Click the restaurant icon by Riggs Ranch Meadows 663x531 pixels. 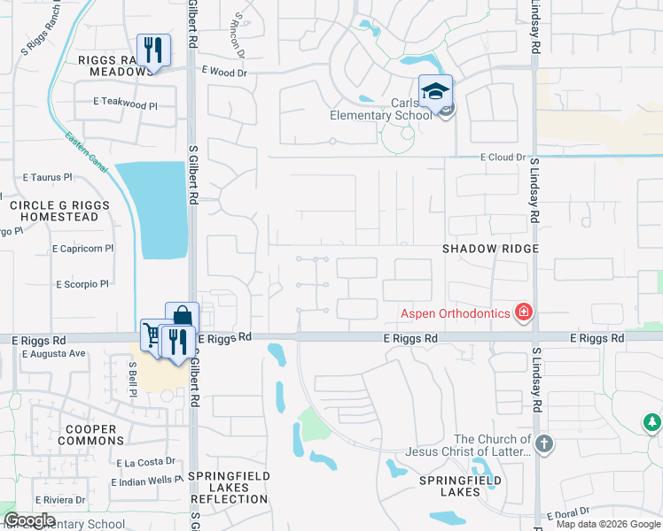tap(153, 50)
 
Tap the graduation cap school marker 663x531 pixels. tap(435, 91)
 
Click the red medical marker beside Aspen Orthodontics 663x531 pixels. tap(524, 312)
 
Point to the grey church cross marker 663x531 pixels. tap(543, 443)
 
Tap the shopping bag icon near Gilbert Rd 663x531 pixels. tap(182, 317)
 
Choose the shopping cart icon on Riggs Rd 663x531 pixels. tap(152, 335)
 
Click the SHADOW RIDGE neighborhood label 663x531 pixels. tap(490, 249)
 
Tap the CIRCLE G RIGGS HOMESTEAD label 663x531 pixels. tap(59, 211)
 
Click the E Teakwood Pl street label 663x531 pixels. tap(125, 104)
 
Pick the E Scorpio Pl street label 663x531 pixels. tap(82, 284)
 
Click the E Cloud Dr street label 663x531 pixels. tap(502, 157)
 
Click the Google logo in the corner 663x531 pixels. tap(29, 520)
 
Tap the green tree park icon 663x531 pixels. tap(652, 423)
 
